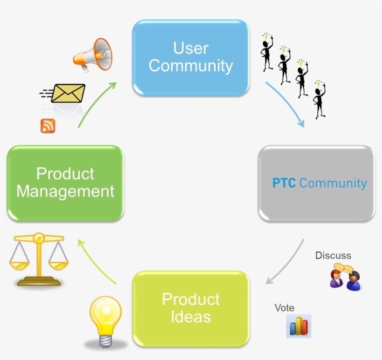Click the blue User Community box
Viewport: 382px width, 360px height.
tap(191, 57)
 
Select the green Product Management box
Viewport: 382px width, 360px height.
tap(65, 183)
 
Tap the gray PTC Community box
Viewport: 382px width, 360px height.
tap(317, 183)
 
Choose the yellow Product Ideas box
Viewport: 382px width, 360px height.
tap(191, 308)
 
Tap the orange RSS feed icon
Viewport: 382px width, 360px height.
tap(48, 126)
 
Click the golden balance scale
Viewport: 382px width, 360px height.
tap(39, 258)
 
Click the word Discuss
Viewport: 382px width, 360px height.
tap(333, 255)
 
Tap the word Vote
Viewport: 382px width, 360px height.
tap(284, 308)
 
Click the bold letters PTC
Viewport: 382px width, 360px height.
tap(284, 183)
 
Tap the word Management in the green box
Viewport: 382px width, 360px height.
tap(65, 191)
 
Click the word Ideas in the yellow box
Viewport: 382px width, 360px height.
tap(191, 317)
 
